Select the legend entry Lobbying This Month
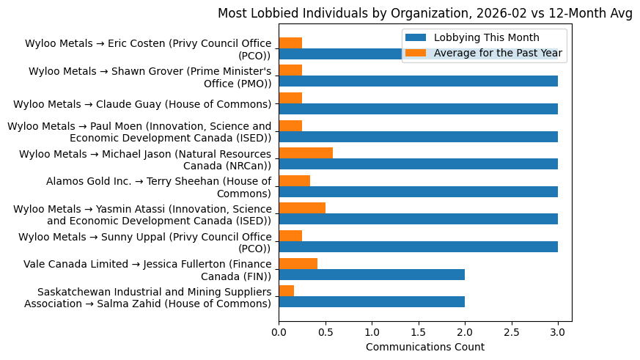(x=486, y=37)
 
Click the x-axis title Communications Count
(x=424, y=347)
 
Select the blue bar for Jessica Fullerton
(x=372, y=274)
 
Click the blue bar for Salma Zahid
(x=372, y=302)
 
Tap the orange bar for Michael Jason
(x=306, y=153)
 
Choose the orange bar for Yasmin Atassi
(x=302, y=208)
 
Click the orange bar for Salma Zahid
(x=287, y=291)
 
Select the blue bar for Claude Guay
(x=418, y=109)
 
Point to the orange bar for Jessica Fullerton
(x=298, y=263)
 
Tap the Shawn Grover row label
(x=150, y=77)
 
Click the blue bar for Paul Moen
(x=418, y=136)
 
